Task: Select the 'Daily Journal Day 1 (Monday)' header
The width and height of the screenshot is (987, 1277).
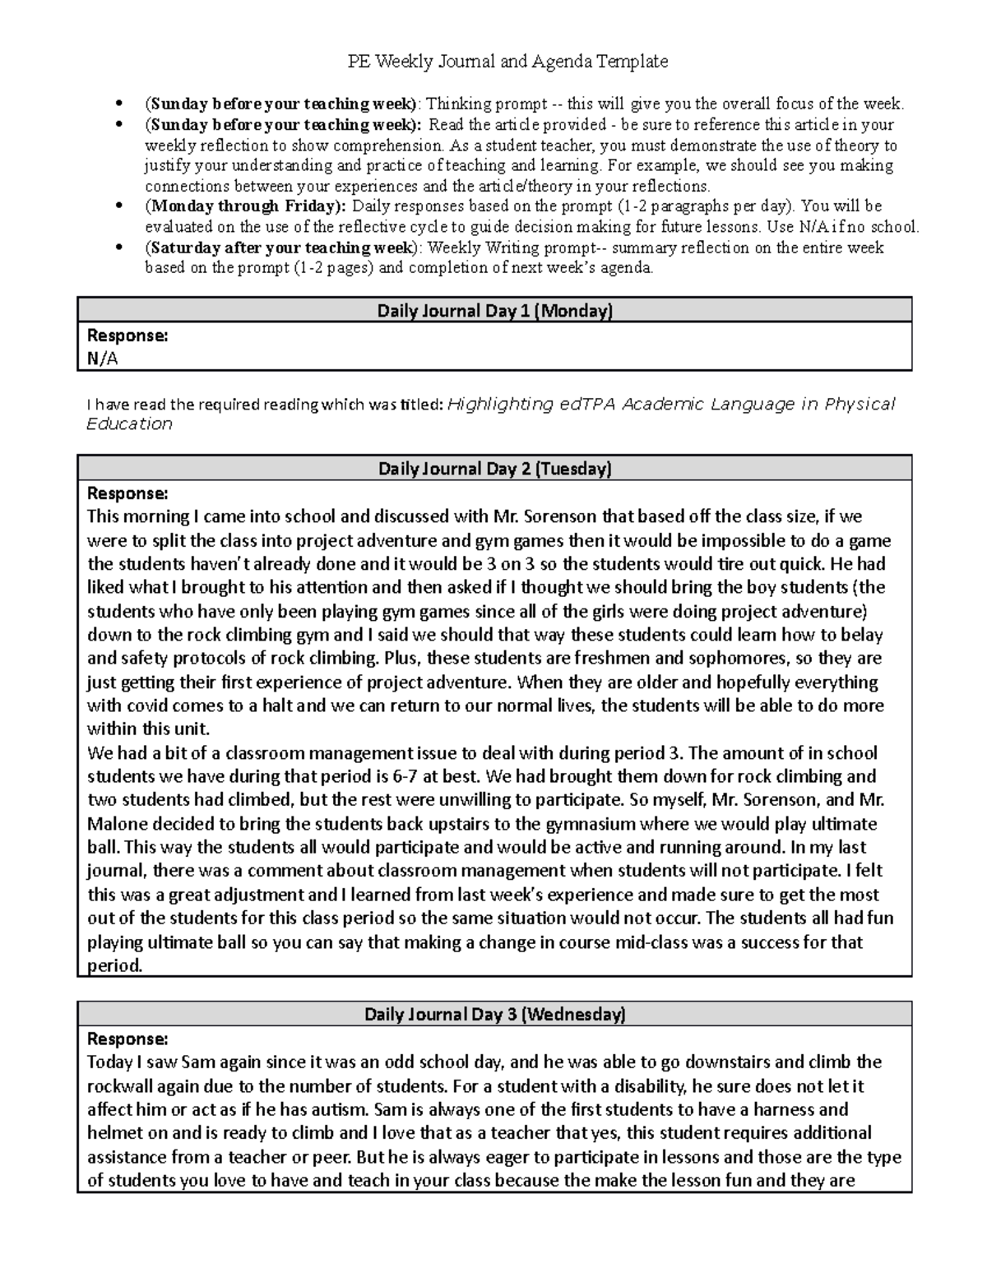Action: [x=494, y=311]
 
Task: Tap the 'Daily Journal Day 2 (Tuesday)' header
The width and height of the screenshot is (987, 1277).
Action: [x=494, y=469]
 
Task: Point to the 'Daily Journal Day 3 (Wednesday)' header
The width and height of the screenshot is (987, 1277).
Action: [x=494, y=1014]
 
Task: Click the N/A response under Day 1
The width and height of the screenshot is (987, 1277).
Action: [x=103, y=359]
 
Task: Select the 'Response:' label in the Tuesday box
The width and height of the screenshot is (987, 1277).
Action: [x=127, y=493]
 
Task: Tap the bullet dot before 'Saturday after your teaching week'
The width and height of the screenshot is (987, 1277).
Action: [x=120, y=248]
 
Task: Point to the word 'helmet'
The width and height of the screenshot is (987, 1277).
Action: [x=114, y=1133]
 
